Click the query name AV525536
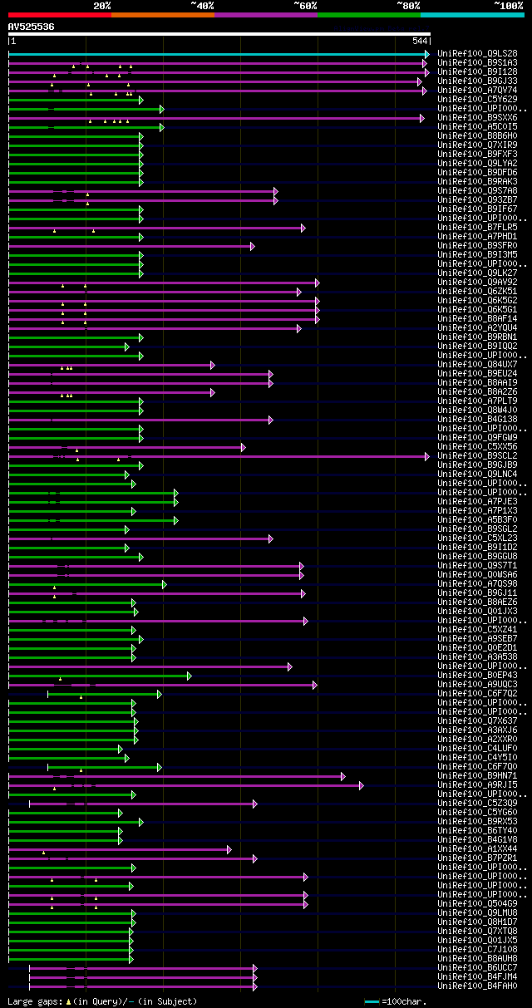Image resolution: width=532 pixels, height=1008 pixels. point(31,27)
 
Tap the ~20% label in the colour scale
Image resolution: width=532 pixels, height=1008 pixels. point(101,5)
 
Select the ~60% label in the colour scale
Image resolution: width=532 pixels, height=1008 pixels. point(305,5)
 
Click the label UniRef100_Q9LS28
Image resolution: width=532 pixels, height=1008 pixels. point(477,53)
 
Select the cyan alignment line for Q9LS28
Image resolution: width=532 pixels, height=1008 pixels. point(216,54)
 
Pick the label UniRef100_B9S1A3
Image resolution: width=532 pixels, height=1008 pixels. point(477,62)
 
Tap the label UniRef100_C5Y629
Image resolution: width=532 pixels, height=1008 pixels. point(477,99)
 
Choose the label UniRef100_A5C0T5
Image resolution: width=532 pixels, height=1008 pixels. point(477,126)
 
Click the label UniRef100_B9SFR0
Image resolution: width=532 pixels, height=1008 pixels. point(477,245)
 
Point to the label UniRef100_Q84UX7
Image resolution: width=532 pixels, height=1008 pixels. point(477,364)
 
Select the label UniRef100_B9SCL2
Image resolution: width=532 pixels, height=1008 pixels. point(477,455)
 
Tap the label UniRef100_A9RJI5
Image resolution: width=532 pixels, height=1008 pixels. point(477,784)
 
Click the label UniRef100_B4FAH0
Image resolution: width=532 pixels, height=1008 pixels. point(477,986)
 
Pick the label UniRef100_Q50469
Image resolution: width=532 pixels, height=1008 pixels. point(477,903)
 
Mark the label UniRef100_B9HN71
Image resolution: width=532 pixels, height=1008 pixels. point(477,775)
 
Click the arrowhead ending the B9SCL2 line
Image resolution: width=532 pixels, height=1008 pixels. point(427,456)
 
